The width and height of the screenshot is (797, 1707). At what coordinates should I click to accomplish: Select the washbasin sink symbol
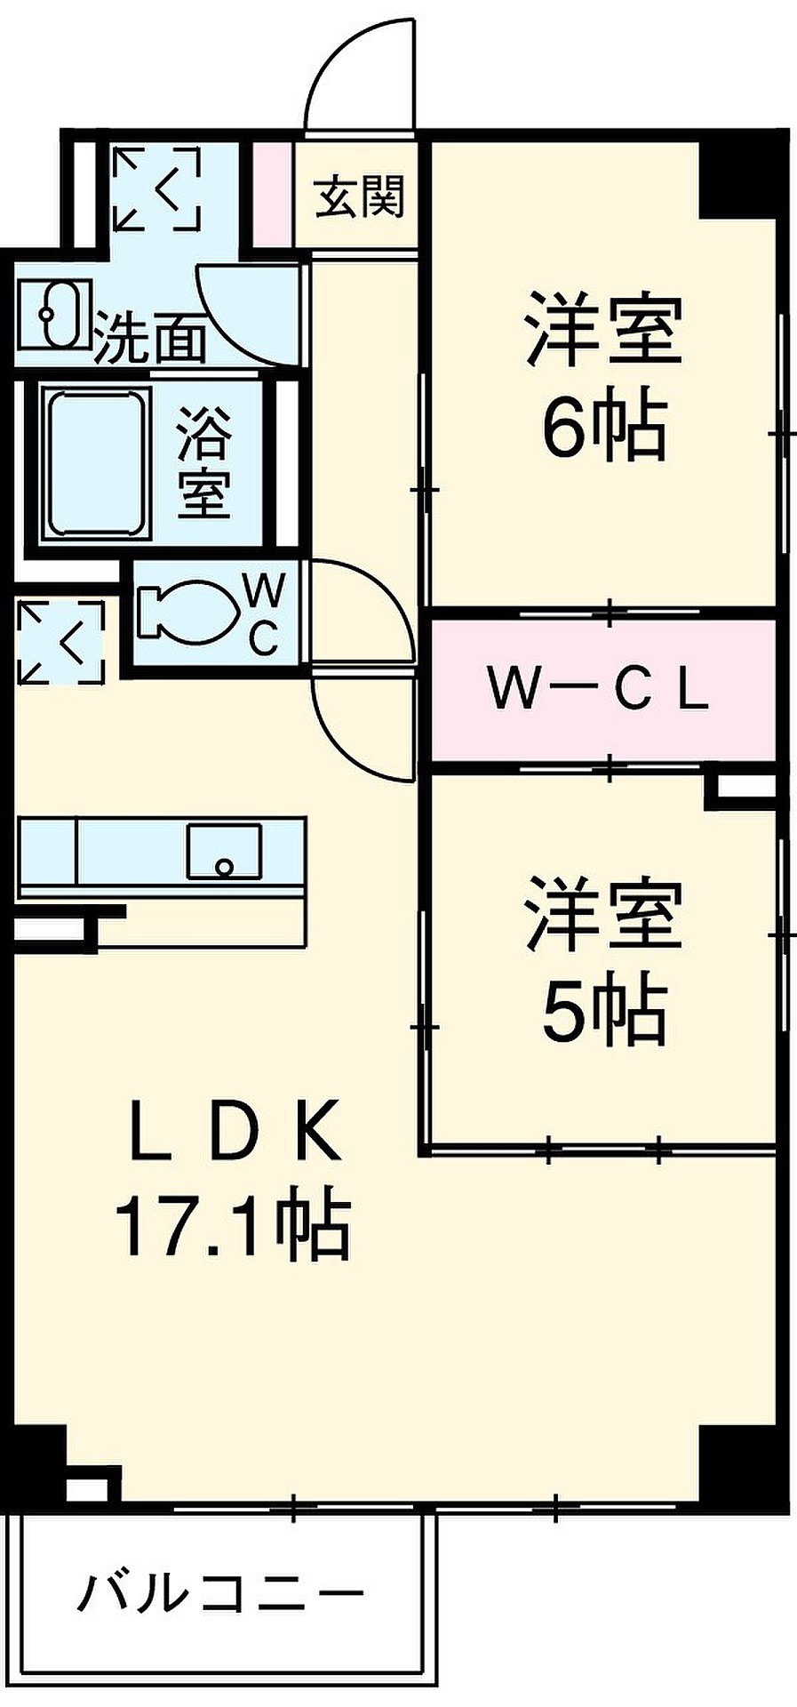pyautogui.click(x=56, y=314)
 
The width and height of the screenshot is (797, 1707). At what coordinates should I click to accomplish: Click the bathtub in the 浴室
pyautogui.click(x=97, y=463)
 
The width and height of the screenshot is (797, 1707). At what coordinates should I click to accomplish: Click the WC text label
pyautogui.click(x=264, y=613)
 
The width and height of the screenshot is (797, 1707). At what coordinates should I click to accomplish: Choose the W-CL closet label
pyautogui.click(x=598, y=690)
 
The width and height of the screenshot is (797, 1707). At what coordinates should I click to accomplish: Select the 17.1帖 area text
pyautogui.click(x=232, y=1228)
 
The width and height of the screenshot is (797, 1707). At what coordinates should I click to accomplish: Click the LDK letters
pyautogui.click(x=235, y=1131)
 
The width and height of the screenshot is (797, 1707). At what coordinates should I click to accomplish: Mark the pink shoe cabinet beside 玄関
pyautogui.click(x=274, y=193)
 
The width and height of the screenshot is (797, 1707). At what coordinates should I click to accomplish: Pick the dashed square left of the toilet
pyautogui.click(x=60, y=642)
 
